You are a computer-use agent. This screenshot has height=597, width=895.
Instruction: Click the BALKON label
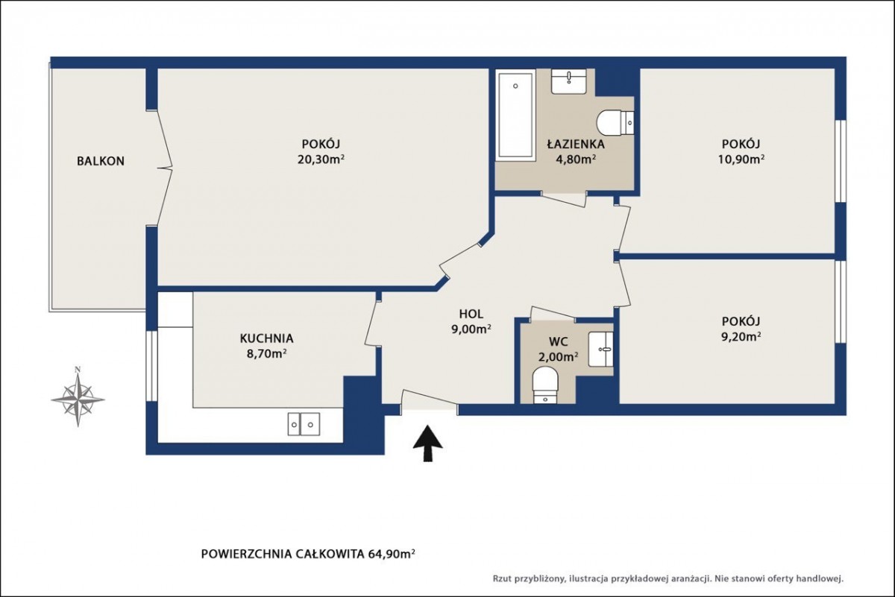click(101, 161)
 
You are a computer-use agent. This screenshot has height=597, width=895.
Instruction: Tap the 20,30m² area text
click(321, 159)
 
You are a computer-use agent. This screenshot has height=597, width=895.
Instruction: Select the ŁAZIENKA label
click(576, 144)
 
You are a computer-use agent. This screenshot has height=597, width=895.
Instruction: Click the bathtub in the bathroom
click(515, 116)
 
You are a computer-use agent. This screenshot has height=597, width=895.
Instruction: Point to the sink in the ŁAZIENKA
click(569, 82)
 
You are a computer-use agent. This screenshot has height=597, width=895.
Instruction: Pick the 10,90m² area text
click(741, 159)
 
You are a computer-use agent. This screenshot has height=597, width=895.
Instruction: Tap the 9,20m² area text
click(741, 337)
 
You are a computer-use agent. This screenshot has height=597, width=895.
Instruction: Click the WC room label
click(558, 341)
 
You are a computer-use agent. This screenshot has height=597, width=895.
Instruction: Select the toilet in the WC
click(545, 385)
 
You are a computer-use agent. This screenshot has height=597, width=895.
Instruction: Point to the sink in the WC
click(601, 350)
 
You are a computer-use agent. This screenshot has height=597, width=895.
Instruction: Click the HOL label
click(471, 314)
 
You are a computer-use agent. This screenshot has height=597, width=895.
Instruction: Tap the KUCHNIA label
click(266, 338)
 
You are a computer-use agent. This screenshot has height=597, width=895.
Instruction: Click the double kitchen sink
click(304, 424)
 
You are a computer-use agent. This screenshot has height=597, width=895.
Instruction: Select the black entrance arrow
click(427, 443)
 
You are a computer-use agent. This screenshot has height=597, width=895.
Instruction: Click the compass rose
click(78, 396)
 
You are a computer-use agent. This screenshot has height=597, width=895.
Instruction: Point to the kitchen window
click(151, 365)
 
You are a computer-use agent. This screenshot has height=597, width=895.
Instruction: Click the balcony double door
click(164, 168)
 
